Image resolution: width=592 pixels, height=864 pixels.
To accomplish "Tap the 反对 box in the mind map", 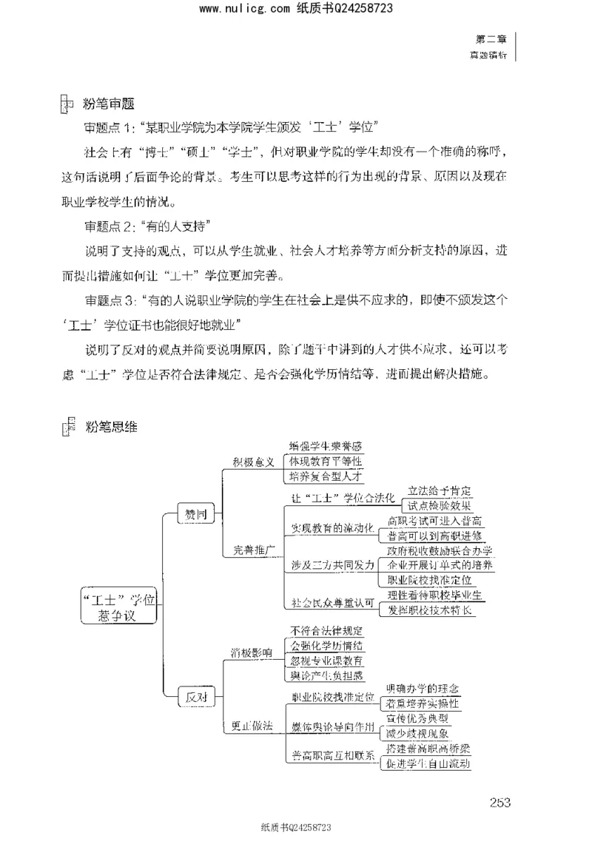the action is pyautogui.click(x=195, y=696).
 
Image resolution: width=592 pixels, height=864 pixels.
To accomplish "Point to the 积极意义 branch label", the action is pyautogui.click(x=253, y=462).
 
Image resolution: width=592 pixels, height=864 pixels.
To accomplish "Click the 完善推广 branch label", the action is pyautogui.click(x=254, y=550).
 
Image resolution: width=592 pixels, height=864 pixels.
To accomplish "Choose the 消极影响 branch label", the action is pyautogui.click(x=253, y=652).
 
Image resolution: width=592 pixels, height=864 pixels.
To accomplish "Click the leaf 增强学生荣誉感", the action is pyautogui.click(x=326, y=446).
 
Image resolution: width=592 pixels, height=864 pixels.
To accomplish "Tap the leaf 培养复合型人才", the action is pyautogui.click(x=326, y=476).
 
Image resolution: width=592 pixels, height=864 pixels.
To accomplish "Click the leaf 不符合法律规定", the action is pyautogui.click(x=326, y=630).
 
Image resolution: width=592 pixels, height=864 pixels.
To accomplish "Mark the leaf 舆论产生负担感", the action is pyautogui.click(x=326, y=675).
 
